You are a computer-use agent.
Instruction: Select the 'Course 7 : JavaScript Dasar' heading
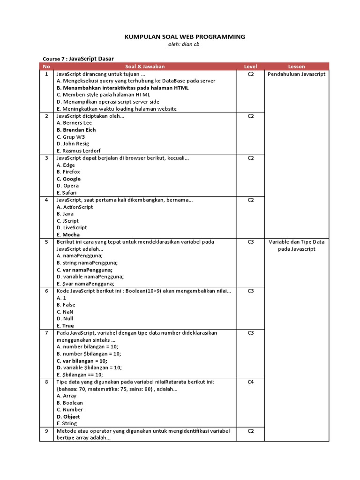(78, 58)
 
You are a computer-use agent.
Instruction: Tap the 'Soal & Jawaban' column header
(145, 67)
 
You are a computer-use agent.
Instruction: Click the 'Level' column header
(250, 67)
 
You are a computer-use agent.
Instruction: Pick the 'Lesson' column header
(296, 67)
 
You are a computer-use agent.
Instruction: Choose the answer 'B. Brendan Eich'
(76, 130)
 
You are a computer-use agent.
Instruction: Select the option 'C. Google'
(68, 179)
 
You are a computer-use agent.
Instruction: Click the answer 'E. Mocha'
(68, 235)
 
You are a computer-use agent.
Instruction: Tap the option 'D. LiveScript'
(72, 228)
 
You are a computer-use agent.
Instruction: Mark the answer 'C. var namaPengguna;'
(84, 270)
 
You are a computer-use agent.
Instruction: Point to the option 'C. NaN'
(65, 312)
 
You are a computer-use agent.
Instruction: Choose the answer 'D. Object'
(68, 417)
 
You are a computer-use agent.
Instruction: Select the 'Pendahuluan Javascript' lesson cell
(296, 74)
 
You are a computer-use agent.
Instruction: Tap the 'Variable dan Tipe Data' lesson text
(296, 242)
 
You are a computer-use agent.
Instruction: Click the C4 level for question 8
(250, 382)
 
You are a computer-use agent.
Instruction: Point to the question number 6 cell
(46, 291)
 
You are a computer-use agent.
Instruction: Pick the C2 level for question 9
(250, 431)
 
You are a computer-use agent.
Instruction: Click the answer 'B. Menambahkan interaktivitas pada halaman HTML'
(122, 88)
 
